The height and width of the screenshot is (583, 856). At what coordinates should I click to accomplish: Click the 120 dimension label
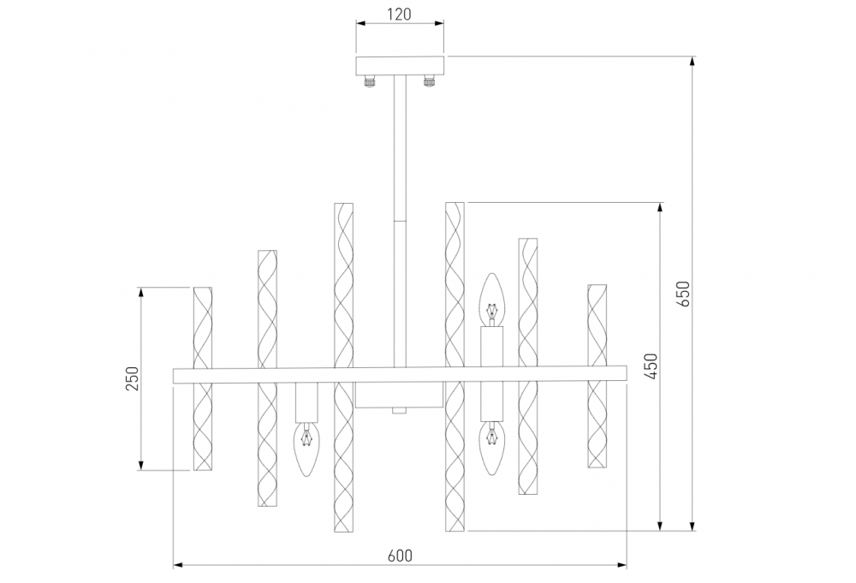(x=399, y=14)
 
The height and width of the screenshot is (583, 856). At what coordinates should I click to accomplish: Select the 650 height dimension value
(x=683, y=294)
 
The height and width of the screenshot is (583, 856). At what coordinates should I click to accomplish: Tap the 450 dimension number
(x=651, y=366)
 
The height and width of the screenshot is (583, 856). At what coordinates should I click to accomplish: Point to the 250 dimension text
(x=132, y=378)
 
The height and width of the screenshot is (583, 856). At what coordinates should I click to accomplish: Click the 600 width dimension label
(x=400, y=556)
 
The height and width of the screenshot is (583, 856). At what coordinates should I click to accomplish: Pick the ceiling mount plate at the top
(x=400, y=66)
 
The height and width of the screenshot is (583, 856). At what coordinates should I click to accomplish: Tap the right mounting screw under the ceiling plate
(x=429, y=82)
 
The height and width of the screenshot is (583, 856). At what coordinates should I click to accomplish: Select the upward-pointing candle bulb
(x=492, y=300)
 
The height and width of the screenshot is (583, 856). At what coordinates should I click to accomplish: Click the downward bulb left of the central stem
(x=306, y=449)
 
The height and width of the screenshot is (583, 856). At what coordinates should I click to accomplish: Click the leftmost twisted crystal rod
(x=203, y=378)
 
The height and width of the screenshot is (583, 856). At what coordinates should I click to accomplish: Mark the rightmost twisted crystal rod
(x=597, y=376)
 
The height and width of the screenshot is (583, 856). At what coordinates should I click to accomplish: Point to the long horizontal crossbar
(x=400, y=374)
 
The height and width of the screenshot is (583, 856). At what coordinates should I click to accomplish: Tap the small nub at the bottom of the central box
(x=399, y=411)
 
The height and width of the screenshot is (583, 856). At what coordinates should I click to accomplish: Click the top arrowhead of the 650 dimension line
(x=693, y=61)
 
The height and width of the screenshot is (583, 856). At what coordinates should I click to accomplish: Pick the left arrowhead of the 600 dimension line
(x=179, y=565)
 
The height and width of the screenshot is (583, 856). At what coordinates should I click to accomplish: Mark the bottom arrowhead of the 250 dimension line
(x=141, y=465)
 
